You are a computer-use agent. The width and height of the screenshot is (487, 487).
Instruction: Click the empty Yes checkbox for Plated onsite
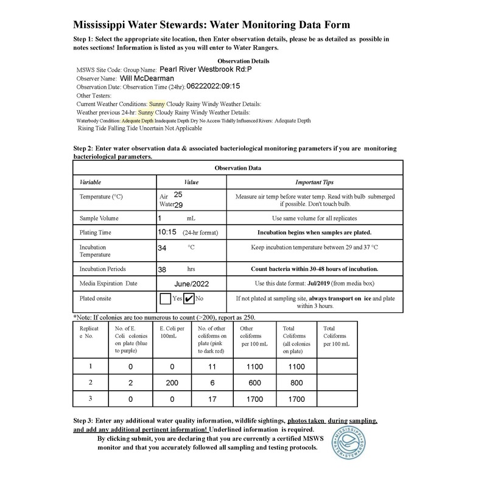[x=165, y=299]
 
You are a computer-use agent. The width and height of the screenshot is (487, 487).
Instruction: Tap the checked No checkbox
[x=189, y=299]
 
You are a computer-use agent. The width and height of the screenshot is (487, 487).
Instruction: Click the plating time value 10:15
[x=167, y=232]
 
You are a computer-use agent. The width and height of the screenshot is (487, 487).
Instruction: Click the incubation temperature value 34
[x=163, y=248]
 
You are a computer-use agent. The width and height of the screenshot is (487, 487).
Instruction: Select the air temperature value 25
[x=178, y=194]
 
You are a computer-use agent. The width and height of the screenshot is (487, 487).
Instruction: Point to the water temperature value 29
[x=178, y=205]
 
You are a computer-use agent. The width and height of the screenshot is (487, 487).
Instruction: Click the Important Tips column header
[x=314, y=182]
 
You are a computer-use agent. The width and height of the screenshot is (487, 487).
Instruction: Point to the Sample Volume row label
[x=99, y=218]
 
